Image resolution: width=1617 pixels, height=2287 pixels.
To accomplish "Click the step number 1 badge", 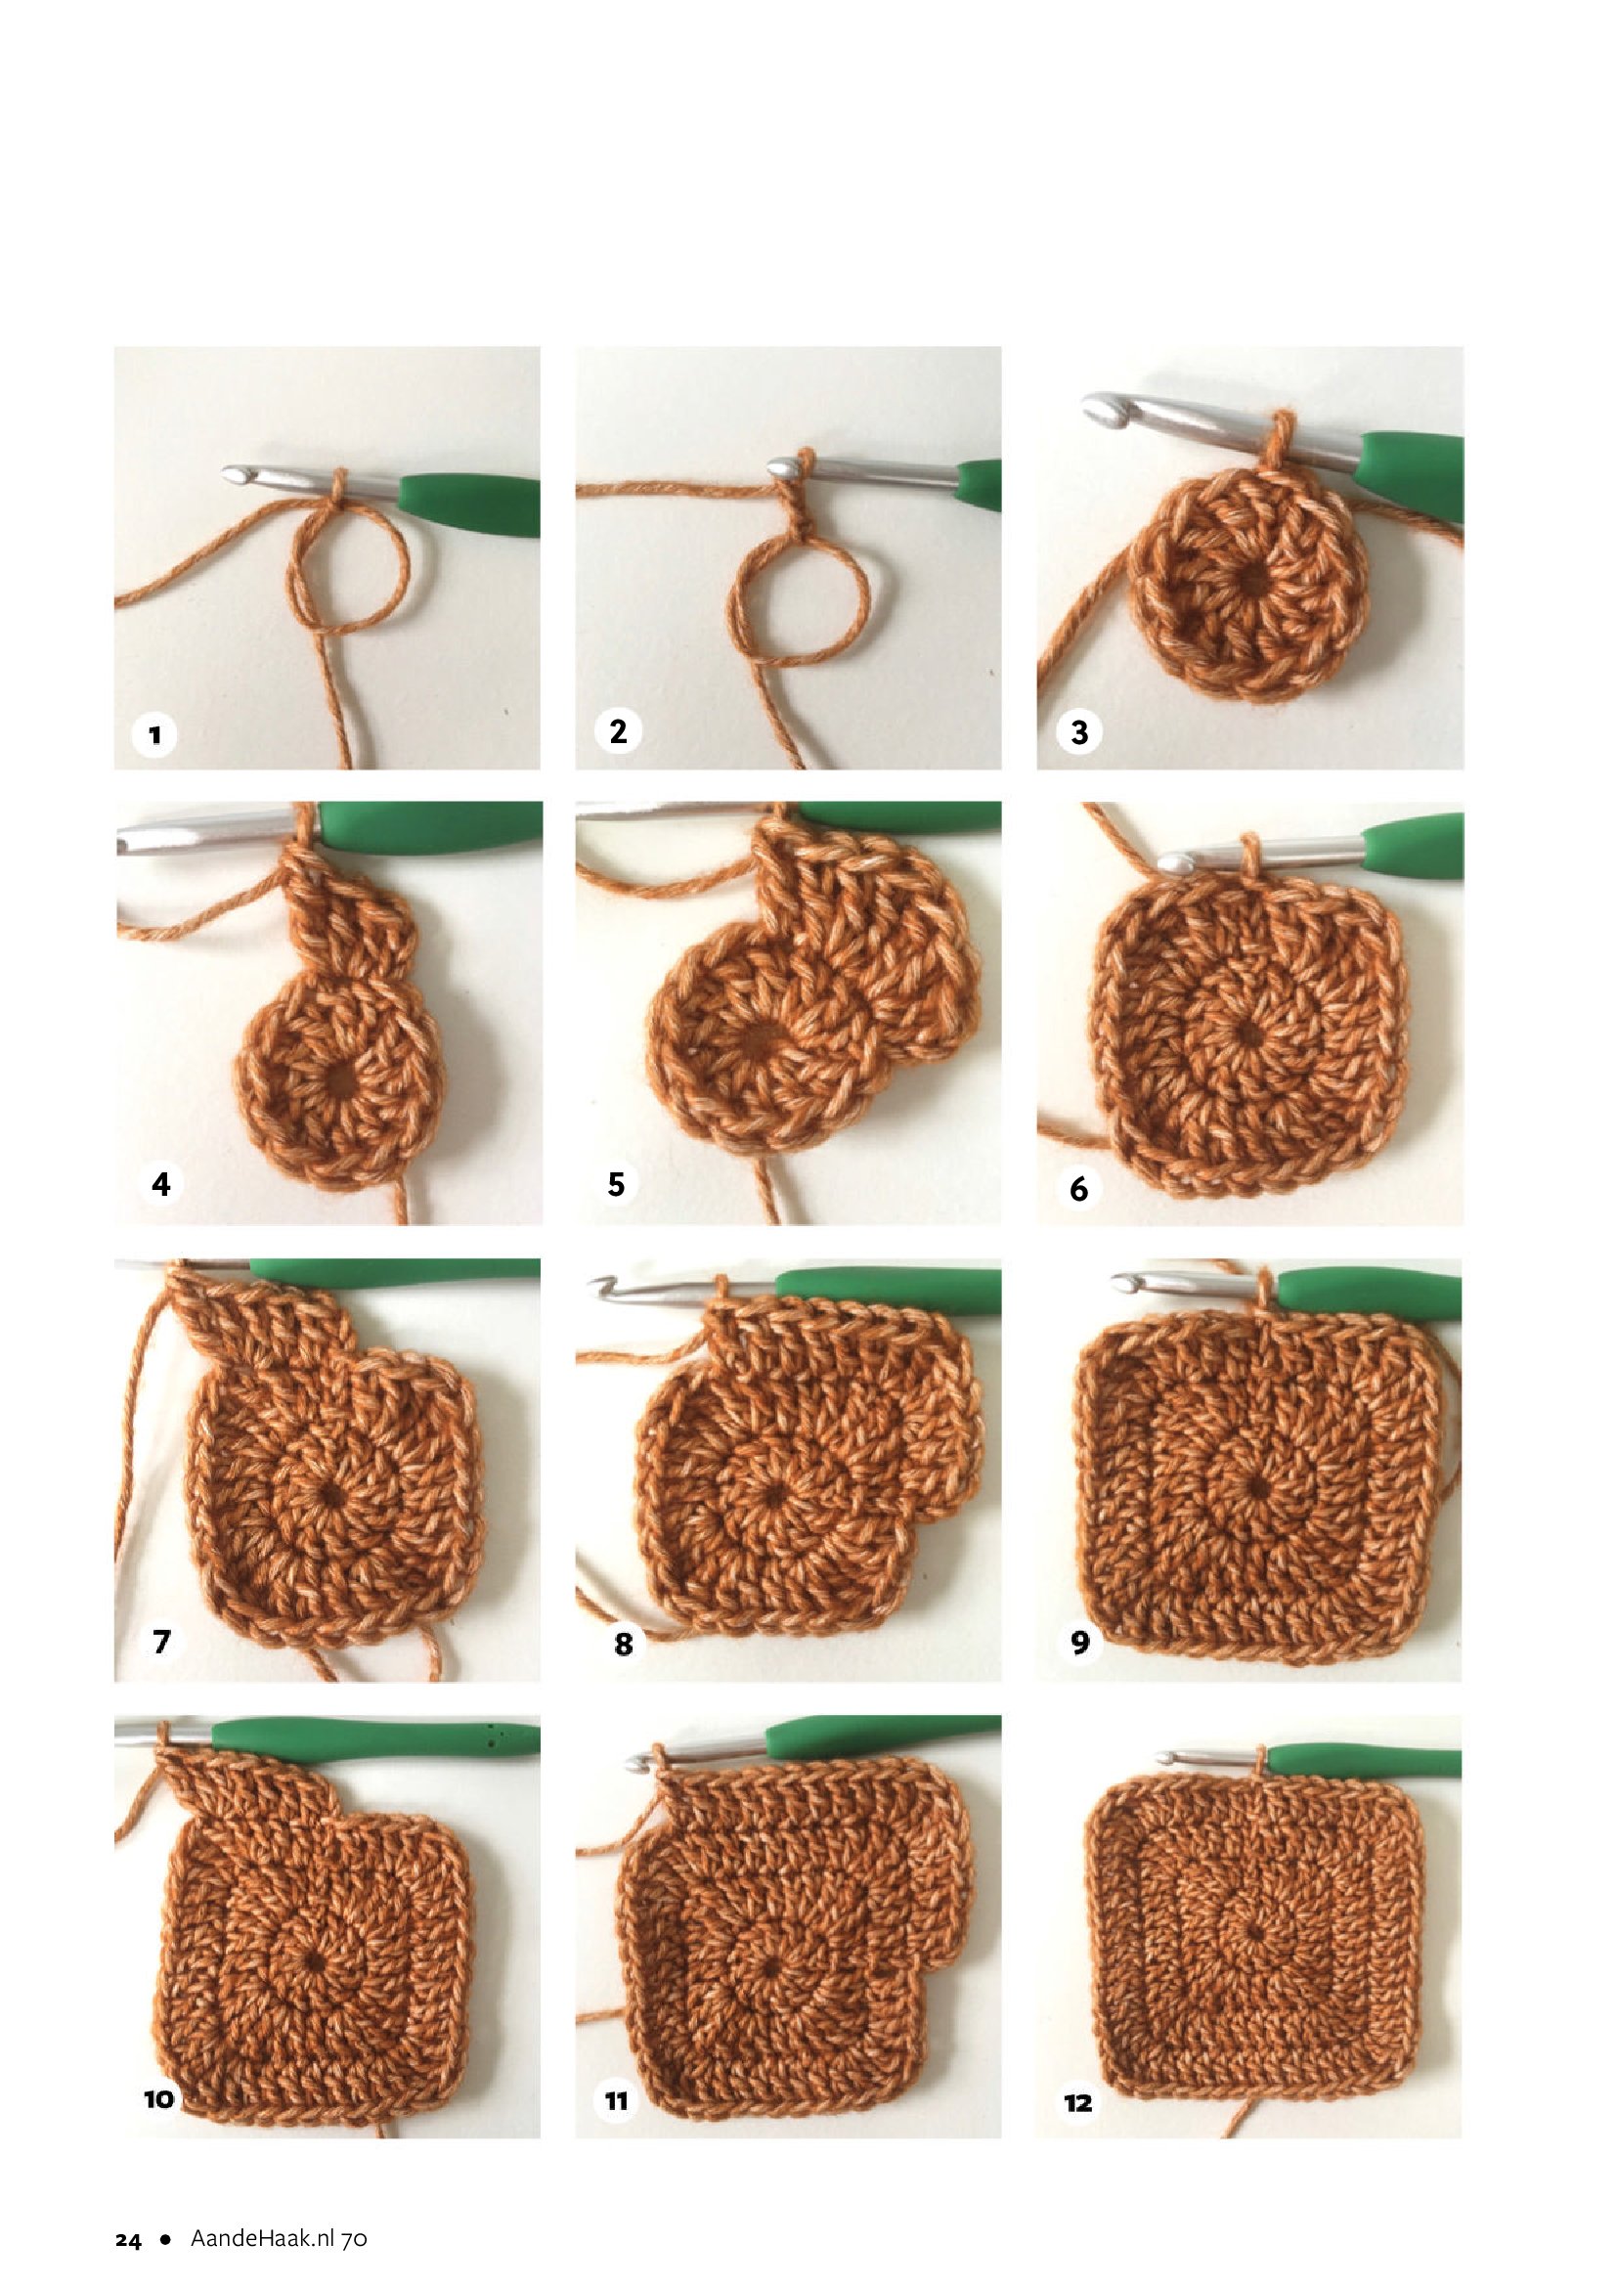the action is click(154, 736).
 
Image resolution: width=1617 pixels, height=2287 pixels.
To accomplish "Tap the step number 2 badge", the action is click(617, 731).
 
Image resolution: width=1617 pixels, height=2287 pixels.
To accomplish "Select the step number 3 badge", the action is click(1079, 733).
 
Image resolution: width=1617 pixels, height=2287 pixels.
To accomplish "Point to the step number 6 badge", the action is click(1079, 1187).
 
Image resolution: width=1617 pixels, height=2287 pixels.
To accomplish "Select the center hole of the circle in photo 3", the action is click(1248, 580).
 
